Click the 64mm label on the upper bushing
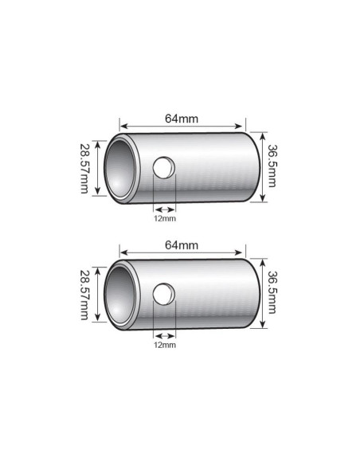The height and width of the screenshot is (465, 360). coord(181,119)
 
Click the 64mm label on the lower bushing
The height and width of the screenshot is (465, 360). coord(181,245)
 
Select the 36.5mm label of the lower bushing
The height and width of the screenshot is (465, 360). coord(272,293)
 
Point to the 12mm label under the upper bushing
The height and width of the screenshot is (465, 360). coord(164,217)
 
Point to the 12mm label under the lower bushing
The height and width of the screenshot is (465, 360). coord(164,345)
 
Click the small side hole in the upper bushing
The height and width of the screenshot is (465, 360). coord(164,168)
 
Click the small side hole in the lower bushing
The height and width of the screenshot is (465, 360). coord(164,294)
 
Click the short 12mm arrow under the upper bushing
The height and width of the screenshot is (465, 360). coord(163,209)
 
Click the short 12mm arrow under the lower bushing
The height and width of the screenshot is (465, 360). coord(164,336)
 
